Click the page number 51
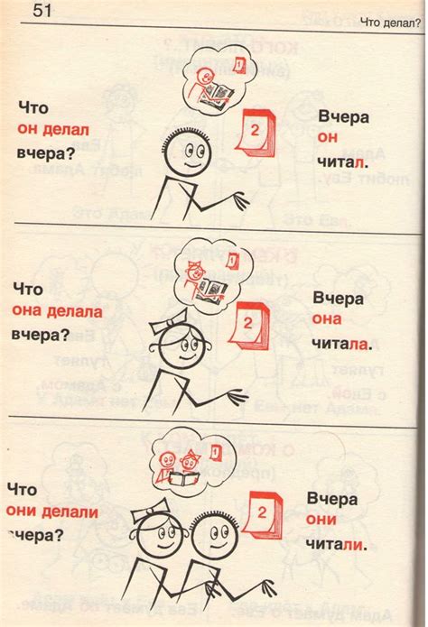tap(42, 10)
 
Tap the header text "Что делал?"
tap(390, 23)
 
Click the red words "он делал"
tap(53, 130)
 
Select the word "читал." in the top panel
tap(343, 162)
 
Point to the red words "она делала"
tap(57, 310)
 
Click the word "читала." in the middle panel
tap(342, 344)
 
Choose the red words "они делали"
tap(52, 512)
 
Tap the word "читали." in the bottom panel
tap(336, 544)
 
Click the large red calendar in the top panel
tap(256, 133)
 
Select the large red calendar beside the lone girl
tap(249, 326)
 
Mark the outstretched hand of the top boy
tap(240, 200)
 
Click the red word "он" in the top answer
tap(328, 137)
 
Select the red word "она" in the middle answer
tap(327, 318)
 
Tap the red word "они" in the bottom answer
tap(321, 519)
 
